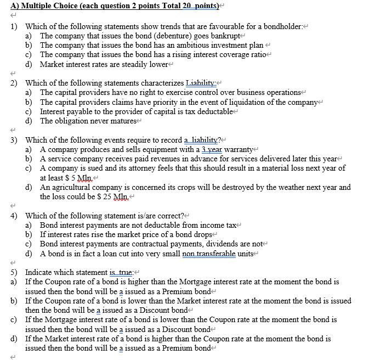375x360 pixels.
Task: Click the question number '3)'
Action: click(x=14, y=140)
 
